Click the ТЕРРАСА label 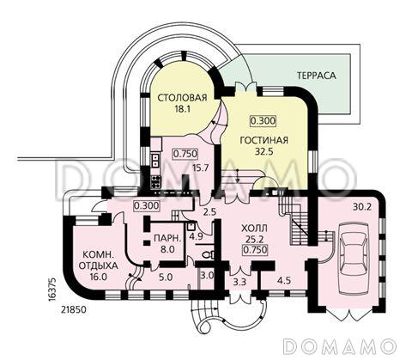point(316,76)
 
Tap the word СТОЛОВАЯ point(182,98)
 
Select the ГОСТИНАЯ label point(264,141)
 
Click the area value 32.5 point(264,151)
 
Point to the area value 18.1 point(183,109)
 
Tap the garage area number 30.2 point(361,207)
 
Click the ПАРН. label point(167,238)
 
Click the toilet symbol point(207,254)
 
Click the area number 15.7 point(205,168)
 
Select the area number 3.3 point(239,282)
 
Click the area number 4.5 point(283,280)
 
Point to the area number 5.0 point(166,278)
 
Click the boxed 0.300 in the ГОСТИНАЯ point(264,120)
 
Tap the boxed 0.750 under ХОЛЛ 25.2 point(255,250)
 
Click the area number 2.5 point(210,213)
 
